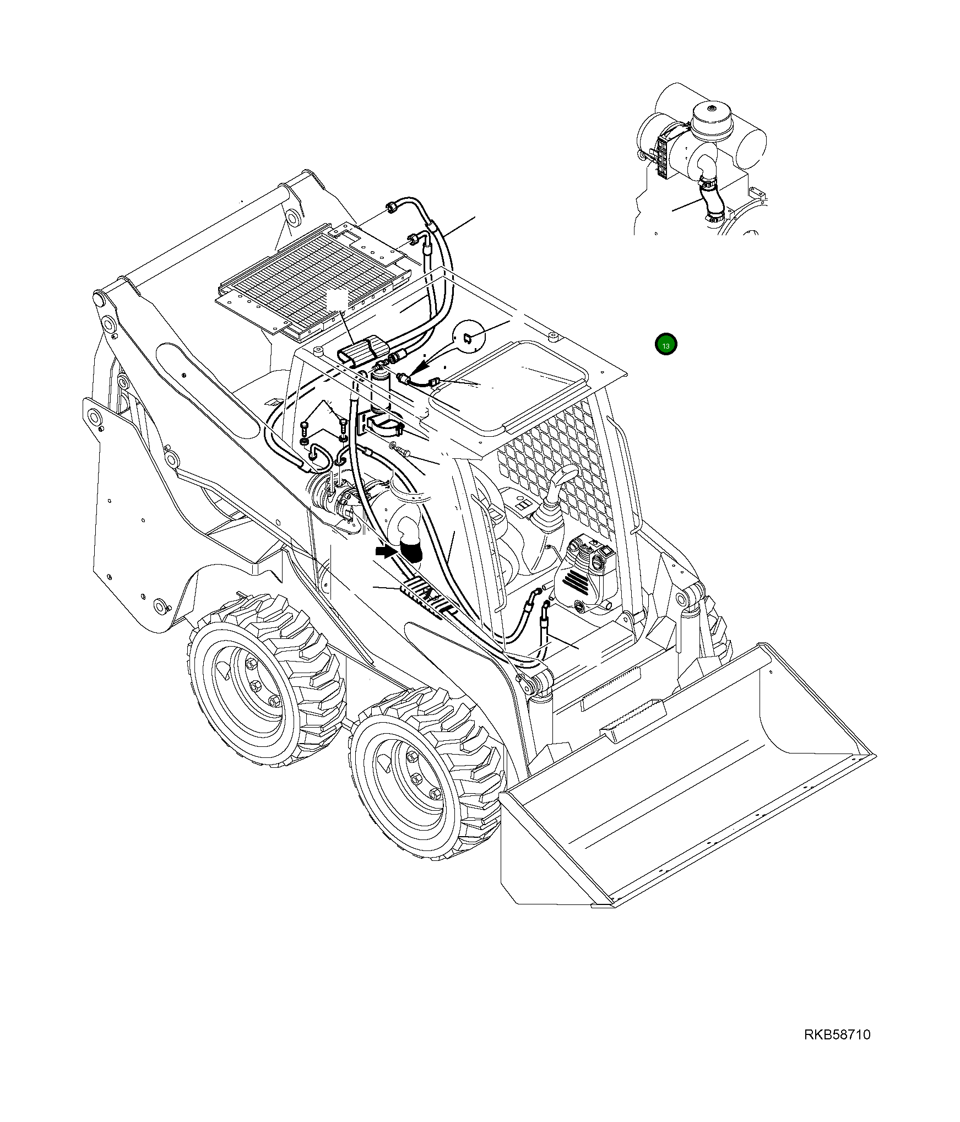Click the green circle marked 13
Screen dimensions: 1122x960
[666, 345]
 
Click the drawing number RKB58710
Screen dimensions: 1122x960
[837, 1050]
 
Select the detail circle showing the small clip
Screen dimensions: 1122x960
[468, 335]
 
